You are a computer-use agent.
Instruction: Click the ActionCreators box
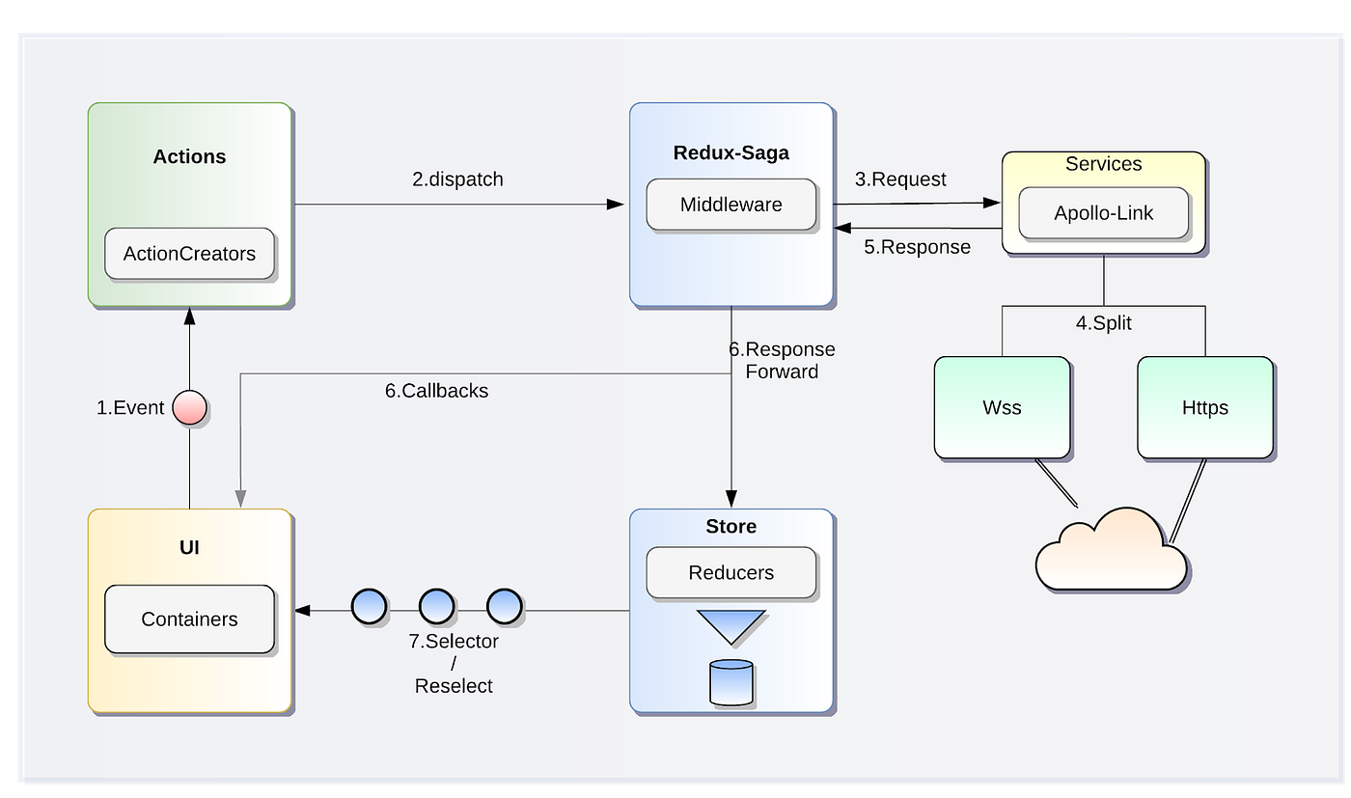coord(189,254)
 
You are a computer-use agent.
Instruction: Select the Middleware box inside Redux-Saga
coord(731,205)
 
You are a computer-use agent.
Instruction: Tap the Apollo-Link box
coord(1103,213)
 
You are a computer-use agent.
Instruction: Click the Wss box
coord(1002,407)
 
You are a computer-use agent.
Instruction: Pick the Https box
coord(1204,407)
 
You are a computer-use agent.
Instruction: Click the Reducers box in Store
coord(731,573)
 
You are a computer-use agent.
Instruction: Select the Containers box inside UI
coord(189,619)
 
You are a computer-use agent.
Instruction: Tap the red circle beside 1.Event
coord(189,408)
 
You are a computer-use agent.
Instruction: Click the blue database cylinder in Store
coord(731,681)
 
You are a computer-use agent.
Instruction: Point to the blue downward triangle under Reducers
coord(731,624)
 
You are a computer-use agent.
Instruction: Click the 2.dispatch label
coord(457,179)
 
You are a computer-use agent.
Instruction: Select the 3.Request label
coord(900,179)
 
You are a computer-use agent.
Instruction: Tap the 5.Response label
coord(917,247)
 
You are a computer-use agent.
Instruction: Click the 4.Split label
coord(1104,323)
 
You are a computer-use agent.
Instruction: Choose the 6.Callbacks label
coord(436,391)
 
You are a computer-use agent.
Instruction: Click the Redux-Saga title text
coord(731,152)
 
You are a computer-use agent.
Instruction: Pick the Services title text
coord(1103,164)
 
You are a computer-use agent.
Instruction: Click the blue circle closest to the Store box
coord(504,607)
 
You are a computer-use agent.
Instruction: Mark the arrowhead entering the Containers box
coord(302,610)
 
